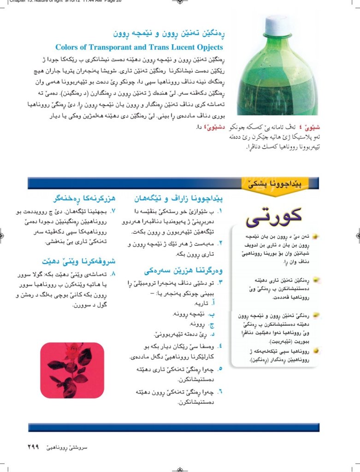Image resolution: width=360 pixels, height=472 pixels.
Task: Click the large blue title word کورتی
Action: (x=274, y=216)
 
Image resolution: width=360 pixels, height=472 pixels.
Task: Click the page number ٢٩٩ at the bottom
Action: (x=31, y=448)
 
